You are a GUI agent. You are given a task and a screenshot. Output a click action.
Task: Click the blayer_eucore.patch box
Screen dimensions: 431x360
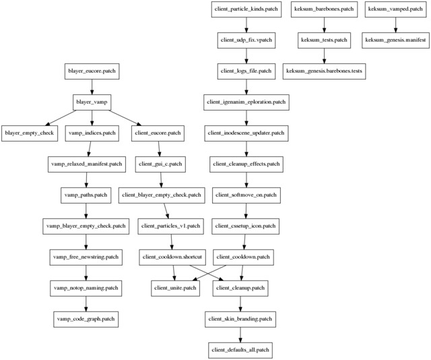(92, 71)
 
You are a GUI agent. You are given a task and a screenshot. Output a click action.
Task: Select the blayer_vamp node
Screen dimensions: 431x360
(92, 102)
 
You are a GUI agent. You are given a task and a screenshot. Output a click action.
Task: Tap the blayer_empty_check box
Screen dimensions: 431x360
(30, 133)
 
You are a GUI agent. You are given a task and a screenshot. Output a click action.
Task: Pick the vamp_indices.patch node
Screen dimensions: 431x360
(92, 133)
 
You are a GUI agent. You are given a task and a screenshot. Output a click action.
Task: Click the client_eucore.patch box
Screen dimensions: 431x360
(158, 133)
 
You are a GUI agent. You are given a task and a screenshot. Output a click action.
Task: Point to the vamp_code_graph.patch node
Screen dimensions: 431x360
(86, 320)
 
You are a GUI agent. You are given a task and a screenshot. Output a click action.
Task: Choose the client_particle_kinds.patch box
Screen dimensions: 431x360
(246, 9)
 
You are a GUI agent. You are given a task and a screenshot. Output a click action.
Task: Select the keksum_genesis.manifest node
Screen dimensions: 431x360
(395, 40)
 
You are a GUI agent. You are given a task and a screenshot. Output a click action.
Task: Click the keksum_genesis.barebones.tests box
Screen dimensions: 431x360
(325, 71)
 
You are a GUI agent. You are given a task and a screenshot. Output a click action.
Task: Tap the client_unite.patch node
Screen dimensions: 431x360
(175, 289)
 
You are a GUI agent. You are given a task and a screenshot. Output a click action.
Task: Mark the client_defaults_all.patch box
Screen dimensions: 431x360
(240, 351)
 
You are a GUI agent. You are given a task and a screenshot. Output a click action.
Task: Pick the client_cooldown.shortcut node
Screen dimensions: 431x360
(172, 258)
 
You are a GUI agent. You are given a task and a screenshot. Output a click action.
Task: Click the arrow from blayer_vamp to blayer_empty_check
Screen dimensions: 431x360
(61, 118)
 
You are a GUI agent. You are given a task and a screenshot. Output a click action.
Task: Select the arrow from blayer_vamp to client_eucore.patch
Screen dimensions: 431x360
(125, 118)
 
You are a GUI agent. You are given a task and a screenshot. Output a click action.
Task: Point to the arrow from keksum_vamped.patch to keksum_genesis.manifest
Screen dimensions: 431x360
(395, 25)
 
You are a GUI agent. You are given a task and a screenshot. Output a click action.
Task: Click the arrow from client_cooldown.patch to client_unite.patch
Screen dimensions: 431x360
(209, 273)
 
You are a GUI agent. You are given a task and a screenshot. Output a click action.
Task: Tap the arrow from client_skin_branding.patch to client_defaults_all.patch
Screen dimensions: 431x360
(240, 335)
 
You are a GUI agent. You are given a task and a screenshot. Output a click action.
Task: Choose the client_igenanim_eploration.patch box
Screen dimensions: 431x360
(246, 102)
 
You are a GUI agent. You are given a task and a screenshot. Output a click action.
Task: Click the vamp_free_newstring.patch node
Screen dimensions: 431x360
(86, 258)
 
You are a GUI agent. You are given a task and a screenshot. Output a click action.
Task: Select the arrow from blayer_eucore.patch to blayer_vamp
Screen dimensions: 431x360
(92, 87)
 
